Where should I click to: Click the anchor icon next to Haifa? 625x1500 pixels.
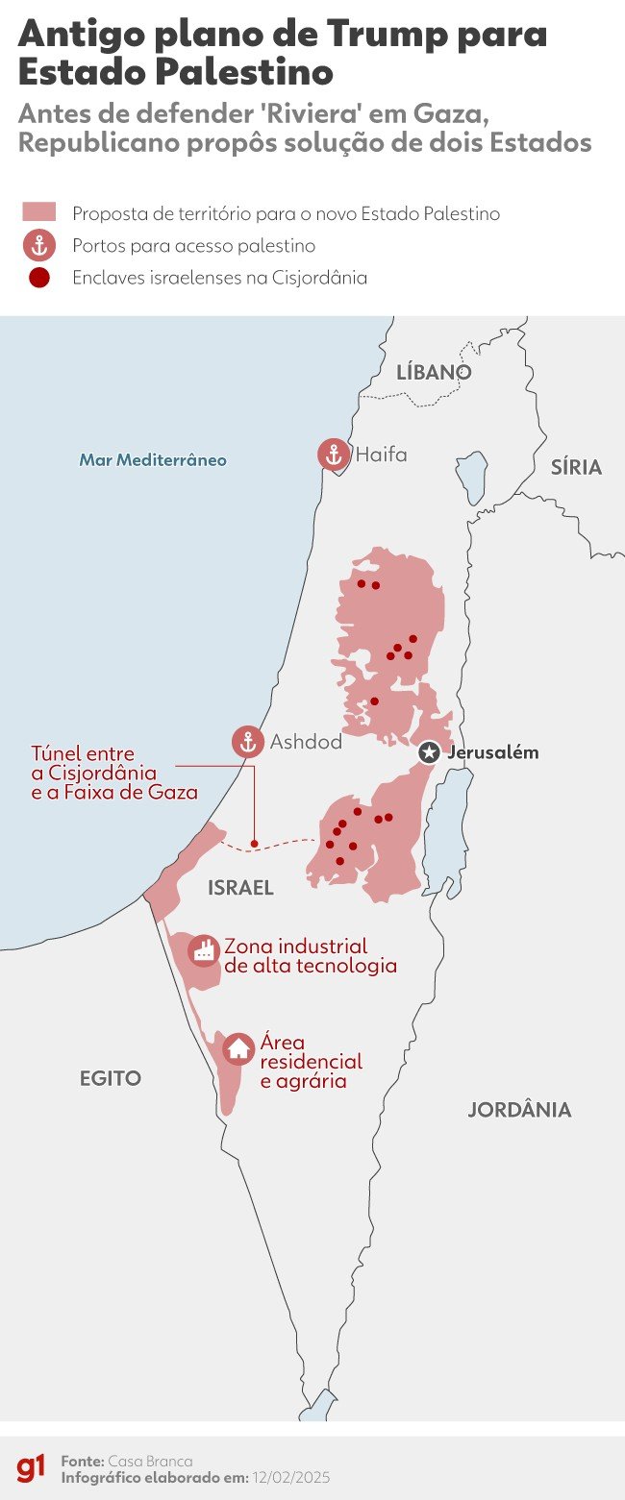(x=334, y=455)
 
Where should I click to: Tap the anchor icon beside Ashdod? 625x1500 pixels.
(x=247, y=742)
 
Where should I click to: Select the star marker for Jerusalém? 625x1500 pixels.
(x=429, y=752)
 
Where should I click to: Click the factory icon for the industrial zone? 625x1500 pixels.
(x=203, y=950)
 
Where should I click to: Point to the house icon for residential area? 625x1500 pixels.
(x=237, y=1048)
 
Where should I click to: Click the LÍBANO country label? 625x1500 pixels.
(x=435, y=372)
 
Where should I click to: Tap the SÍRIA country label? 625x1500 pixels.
(x=576, y=468)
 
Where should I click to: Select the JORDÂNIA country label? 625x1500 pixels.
(x=519, y=1110)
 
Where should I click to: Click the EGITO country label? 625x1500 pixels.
(x=110, y=1078)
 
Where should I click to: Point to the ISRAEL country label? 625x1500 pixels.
(x=240, y=889)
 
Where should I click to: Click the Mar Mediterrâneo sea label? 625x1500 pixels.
(x=153, y=460)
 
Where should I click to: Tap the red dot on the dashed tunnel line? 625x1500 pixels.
(x=253, y=847)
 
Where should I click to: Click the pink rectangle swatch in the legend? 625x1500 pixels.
(x=38, y=212)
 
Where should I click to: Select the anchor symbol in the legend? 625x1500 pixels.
(x=39, y=246)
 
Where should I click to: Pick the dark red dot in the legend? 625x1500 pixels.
(x=39, y=279)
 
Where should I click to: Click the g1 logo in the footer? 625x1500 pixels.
(x=31, y=1467)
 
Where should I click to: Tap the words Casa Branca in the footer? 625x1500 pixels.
(x=150, y=1461)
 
